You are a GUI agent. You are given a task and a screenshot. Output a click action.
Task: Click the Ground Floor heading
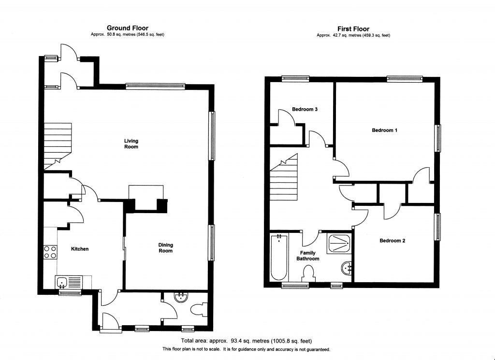click(127, 28)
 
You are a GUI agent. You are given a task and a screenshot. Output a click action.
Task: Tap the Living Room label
click(131, 144)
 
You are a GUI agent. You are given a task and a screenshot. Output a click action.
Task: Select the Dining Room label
click(165, 248)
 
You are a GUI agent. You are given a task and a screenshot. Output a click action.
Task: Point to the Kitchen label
click(80, 249)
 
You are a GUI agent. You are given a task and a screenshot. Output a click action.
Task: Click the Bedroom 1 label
click(384, 130)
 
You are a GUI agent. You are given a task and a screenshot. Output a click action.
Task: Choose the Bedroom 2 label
click(392, 241)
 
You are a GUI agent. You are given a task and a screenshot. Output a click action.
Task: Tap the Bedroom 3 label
click(305, 110)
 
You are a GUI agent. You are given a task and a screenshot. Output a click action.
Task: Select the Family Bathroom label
click(308, 256)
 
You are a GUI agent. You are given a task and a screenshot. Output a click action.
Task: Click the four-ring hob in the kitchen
click(50, 252)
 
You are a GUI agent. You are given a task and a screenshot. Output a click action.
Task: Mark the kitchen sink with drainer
click(69, 282)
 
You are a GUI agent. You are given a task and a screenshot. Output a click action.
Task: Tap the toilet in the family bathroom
click(307, 274)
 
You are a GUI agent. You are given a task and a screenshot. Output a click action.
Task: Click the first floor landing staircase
click(284, 179)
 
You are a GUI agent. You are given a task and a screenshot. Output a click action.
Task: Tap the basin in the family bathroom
click(347, 267)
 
